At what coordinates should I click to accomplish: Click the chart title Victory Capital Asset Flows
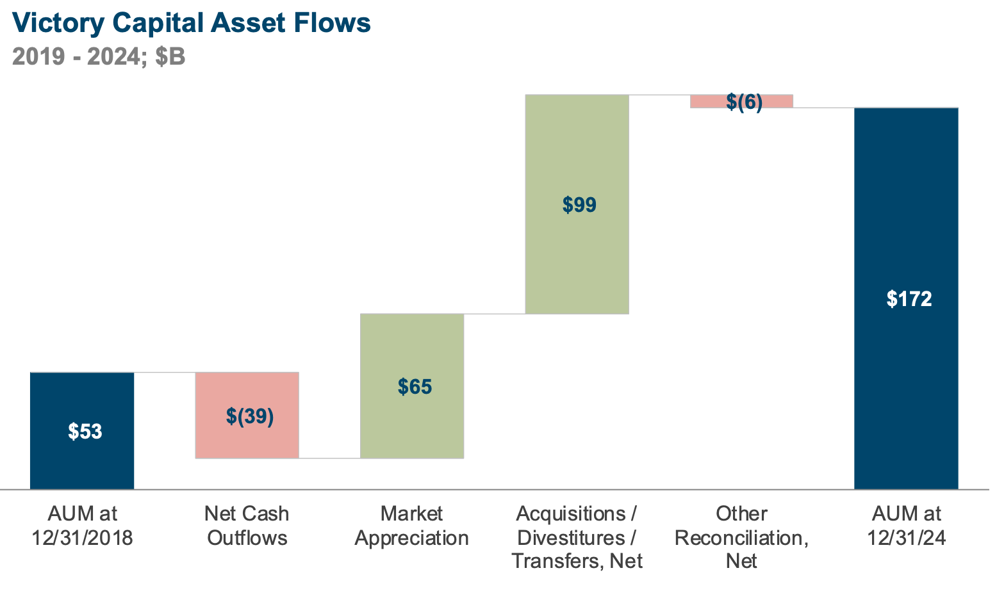click(x=191, y=23)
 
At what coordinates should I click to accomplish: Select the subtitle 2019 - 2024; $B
click(x=99, y=57)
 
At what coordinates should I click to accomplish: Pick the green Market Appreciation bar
click(x=412, y=423)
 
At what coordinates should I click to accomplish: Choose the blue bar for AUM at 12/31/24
click(x=906, y=384)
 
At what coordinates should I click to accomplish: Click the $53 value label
click(x=85, y=432)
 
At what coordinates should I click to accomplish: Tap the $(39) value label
click(x=250, y=416)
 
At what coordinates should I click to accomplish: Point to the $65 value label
click(x=415, y=387)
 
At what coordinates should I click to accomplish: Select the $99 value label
click(x=579, y=205)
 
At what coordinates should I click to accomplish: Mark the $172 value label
click(x=909, y=299)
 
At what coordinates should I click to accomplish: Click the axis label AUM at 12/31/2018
click(x=83, y=526)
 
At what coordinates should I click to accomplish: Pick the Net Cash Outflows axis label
click(x=247, y=526)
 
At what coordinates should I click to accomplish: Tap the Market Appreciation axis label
click(x=411, y=526)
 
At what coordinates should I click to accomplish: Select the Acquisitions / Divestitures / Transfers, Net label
click(x=577, y=537)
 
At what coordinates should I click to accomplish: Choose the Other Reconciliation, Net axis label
click(x=741, y=537)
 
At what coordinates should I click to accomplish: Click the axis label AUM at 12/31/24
click(x=907, y=526)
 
